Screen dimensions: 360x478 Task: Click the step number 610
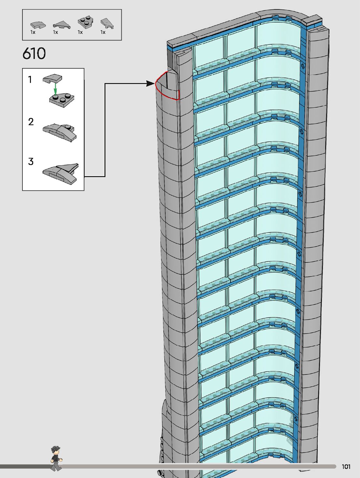click(34, 54)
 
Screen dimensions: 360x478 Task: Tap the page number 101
click(346, 467)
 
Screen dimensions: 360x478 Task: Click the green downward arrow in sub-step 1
click(55, 88)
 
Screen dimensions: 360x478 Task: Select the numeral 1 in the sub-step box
click(30, 79)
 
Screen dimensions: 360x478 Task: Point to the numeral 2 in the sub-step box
click(31, 122)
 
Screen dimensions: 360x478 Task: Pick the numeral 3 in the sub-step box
click(31, 162)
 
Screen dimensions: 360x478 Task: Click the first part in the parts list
click(38, 25)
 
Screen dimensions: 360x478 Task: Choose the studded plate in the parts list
click(85, 22)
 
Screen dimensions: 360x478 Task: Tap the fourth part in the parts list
click(107, 23)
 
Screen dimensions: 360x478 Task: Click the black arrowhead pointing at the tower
click(150, 84)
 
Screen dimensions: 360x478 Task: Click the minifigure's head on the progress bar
click(56, 451)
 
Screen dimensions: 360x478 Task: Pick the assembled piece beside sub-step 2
click(60, 132)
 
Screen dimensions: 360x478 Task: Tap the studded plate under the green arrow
click(62, 99)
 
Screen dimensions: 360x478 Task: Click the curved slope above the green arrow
click(52, 78)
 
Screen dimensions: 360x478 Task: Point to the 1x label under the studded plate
click(80, 32)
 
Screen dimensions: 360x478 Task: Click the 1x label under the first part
click(33, 32)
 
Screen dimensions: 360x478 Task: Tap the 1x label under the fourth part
click(103, 32)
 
